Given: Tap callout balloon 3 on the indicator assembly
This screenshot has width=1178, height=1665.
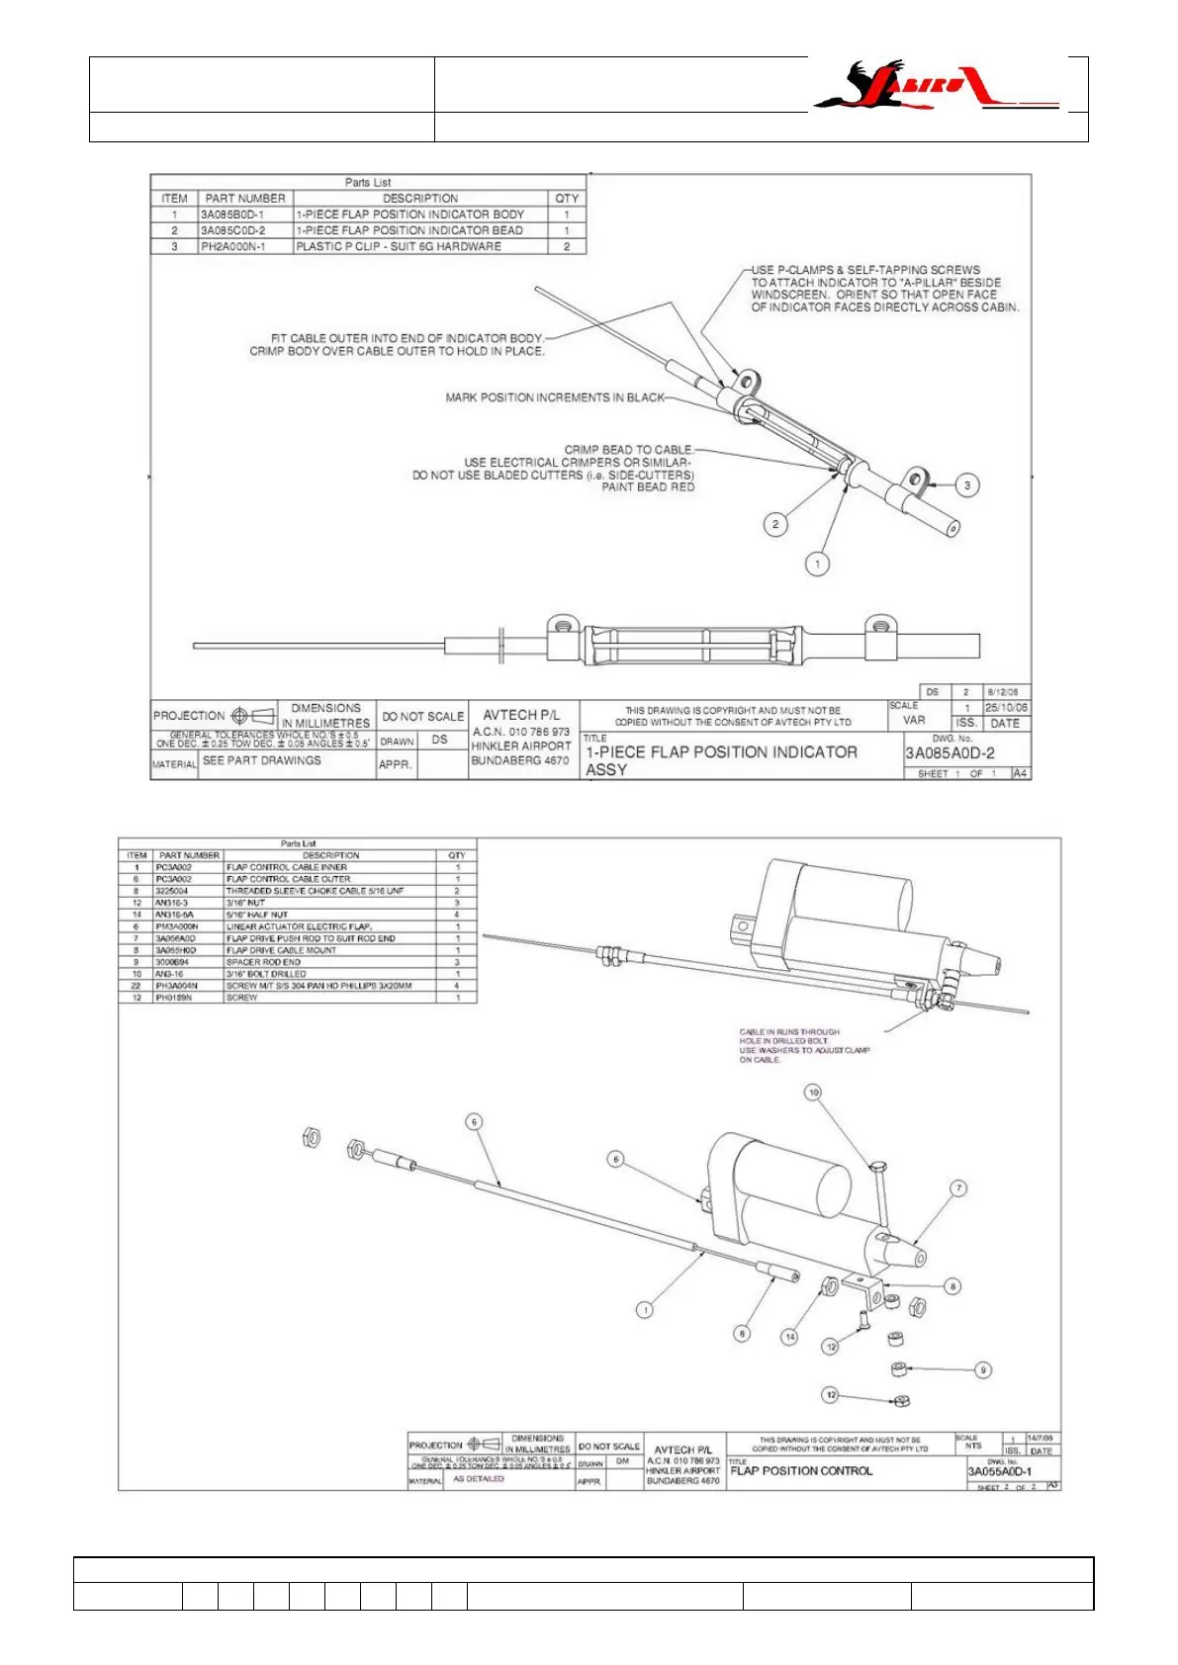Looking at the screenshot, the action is [x=966, y=484].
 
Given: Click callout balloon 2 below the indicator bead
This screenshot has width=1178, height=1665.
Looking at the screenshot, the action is [x=775, y=524].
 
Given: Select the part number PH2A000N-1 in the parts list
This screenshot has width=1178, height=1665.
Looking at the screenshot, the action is [x=233, y=246].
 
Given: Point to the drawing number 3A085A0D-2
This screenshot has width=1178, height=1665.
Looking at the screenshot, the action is [x=950, y=752].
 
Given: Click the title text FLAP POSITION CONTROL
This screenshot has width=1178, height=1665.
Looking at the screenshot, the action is [x=801, y=1471].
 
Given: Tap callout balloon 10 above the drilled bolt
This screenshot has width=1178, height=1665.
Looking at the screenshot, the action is [x=813, y=1093].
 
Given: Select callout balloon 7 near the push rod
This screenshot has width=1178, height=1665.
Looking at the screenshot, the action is [x=957, y=1188].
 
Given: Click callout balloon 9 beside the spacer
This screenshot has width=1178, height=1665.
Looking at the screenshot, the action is [x=982, y=1369].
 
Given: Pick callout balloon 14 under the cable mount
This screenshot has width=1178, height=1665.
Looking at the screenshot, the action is [x=789, y=1337].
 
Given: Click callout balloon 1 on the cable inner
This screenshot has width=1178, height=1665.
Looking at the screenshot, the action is [x=645, y=1310].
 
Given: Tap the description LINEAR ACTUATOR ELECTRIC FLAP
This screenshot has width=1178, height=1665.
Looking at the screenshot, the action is [x=299, y=926].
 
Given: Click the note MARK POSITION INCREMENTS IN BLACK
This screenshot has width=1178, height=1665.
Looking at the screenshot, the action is [x=555, y=397].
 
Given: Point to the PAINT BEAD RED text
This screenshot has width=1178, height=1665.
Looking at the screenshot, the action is [x=648, y=486].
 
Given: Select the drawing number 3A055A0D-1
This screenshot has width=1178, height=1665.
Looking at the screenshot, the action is [x=999, y=1471].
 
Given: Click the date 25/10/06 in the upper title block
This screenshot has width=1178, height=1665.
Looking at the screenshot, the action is [x=1006, y=708].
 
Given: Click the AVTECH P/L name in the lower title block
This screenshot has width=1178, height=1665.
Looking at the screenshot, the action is [x=682, y=1449].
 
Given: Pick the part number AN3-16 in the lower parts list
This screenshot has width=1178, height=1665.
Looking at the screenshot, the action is [x=171, y=974].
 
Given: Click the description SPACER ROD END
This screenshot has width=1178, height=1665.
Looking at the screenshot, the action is [x=263, y=962].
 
